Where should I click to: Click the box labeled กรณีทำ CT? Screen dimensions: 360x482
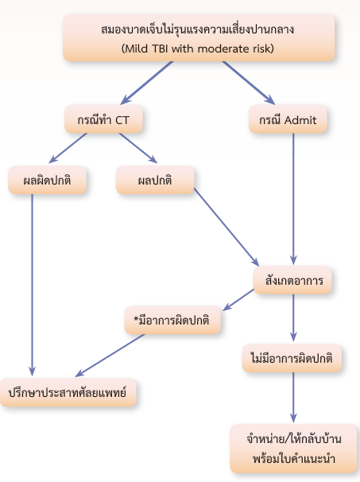pos(103,119)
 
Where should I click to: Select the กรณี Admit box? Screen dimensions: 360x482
pos(288,119)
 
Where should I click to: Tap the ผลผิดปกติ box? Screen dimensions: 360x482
pos(48,180)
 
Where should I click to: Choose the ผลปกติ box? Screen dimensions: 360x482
pos(155,180)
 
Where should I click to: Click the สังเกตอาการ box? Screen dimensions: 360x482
pos(292,280)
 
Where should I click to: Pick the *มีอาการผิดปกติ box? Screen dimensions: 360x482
pos(172,320)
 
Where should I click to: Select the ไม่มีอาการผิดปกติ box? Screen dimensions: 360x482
pos(292,358)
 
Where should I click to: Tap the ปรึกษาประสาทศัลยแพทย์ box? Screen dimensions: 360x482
pos(68,393)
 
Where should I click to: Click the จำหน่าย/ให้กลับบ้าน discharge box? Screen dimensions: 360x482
pos(294,449)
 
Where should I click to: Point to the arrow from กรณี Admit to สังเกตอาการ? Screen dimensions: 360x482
pos(293,199)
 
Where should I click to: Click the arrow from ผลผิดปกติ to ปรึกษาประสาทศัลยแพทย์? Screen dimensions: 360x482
pos(32,285)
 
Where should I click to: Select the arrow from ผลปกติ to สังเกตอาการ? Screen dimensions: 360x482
pos(226,227)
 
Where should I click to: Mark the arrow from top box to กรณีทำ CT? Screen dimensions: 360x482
pos(147,83)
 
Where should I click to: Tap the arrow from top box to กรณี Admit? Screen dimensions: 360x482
pos(249,83)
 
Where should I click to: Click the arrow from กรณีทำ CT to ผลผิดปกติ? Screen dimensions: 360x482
pos(68,148)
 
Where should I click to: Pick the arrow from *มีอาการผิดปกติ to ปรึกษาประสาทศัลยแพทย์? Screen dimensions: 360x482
pos(110,355)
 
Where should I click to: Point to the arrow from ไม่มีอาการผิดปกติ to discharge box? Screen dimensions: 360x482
pos(293,398)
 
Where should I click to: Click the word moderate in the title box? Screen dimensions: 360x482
pos(223,49)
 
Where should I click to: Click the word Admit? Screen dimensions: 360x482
pos(300,119)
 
